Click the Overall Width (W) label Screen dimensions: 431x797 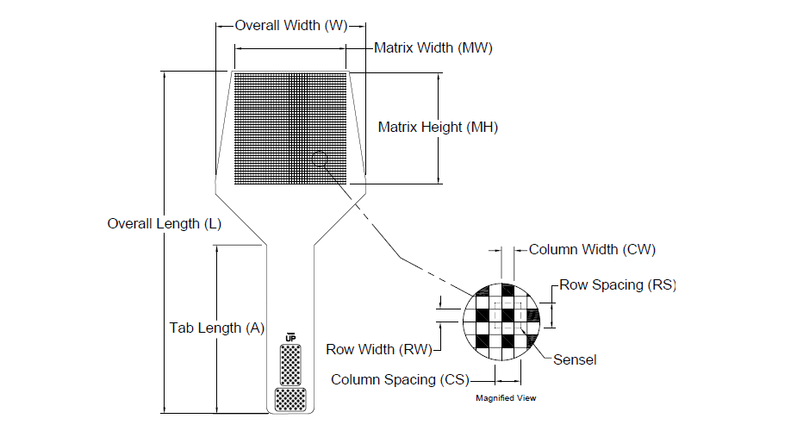tap(290, 26)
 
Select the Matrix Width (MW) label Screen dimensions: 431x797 tap(433, 48)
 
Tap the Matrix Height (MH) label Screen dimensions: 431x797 tap(438, 128)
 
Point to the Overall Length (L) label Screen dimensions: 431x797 tap(164, 223)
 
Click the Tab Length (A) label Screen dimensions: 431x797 tap(216, 328)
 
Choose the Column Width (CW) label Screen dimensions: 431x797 tap(592, 250)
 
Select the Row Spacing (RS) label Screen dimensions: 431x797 tap(617, 284)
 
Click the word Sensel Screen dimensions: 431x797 tap(575, 359)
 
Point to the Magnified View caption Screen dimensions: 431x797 tap(507, 398)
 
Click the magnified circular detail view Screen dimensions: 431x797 tap(507, 322)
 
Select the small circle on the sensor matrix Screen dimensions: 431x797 tap(321, 159)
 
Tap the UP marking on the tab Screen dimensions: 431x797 tap(290, 337)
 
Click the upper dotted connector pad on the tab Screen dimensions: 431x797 tap(290, 364)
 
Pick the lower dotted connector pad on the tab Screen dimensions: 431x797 tap(290, 399)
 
